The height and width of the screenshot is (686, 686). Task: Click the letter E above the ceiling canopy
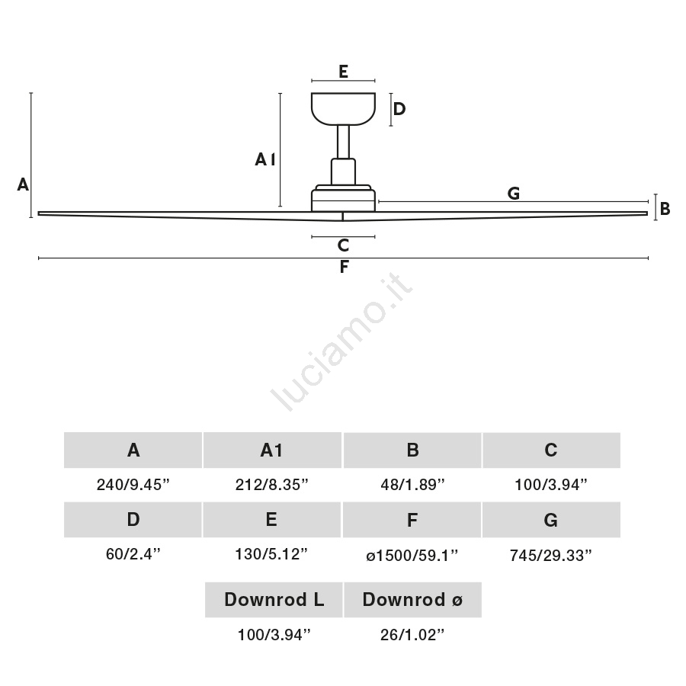pyautogui.click(x=344, y=72)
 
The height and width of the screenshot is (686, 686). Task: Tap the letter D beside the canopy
pyautogui.click(x=399, y=109)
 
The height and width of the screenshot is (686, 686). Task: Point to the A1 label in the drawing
pyautogui.click(x=265, y=160)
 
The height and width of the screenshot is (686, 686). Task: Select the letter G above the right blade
pyautogui.click(x=514, y=194)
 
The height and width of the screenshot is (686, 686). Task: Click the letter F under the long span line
pyautogui.click(x=344, y=267)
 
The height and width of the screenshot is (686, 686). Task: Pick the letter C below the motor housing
pyautogui.click(x=344, y=245)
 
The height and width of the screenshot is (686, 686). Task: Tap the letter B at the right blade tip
pyautogui.click(x=665, y=209)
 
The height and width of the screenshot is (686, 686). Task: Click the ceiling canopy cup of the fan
pyautogui.click(x=344, y=109)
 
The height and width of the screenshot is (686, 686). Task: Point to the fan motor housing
pyautogui.click(x=344, y=198)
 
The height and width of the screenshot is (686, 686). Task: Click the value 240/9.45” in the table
pyautogui.click(x=133, y=485)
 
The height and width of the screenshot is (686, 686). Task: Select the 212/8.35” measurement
pyautogui.click(x=271, y=485)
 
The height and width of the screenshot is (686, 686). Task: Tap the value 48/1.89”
pyautogui.click(x=412, y=485)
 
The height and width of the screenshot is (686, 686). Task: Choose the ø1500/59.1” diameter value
pyautogui.click(x=412, y=555)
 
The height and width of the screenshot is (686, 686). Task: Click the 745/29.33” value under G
pyautogui.click(x=551, y=555)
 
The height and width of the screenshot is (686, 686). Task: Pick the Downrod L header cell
pyautogui.click(x=274, y=600)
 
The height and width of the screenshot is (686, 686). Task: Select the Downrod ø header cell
pyautogui.click(x=412, y=600)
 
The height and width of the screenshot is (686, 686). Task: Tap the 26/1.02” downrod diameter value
pyautogui.click(x=412, y=635)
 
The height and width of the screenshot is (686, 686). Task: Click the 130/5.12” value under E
pyautogui.click(x=271, y=554)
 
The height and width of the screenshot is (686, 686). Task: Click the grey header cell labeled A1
pyautogui.click(x=272, y=450)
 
